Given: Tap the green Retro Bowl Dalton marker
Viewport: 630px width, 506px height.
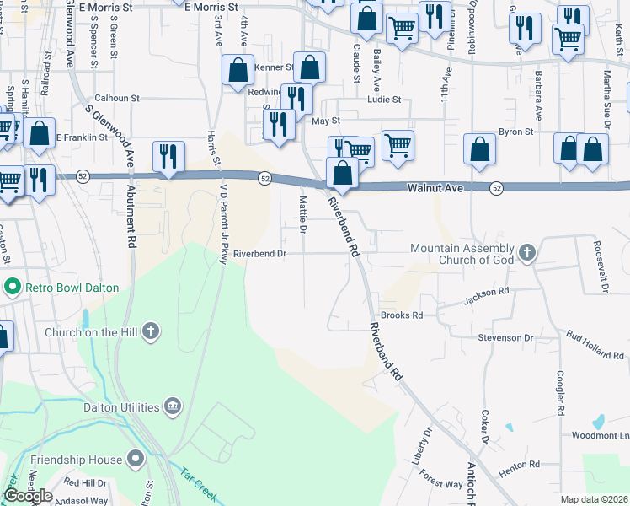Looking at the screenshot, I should tap(12, 287).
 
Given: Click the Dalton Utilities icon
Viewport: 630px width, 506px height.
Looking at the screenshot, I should tap(172, 406).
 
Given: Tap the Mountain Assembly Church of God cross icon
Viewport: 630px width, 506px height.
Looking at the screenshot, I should tap(526, 252).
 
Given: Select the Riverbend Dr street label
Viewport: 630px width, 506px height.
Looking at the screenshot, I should tap(260, 253).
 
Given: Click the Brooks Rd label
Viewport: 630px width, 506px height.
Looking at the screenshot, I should tap(401, 315).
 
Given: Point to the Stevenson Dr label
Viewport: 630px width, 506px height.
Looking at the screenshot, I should tap(506, 337).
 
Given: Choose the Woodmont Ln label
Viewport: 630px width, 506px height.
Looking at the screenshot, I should tap(601, 435).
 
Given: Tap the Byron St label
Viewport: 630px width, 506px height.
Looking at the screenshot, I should tap(516, 132).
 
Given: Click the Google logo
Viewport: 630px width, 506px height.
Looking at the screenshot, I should tap(28, 495).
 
